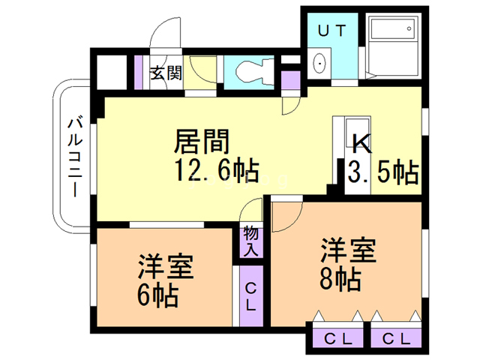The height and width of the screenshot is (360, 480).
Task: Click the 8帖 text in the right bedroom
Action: tap(340, 280)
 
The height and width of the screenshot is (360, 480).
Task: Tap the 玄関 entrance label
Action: tap(166, 73)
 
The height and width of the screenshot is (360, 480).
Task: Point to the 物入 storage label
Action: tap(250, 241)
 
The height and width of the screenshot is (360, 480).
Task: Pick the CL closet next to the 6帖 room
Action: tap(251, 296)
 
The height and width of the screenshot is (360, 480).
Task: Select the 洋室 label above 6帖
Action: tap(166, 266)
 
